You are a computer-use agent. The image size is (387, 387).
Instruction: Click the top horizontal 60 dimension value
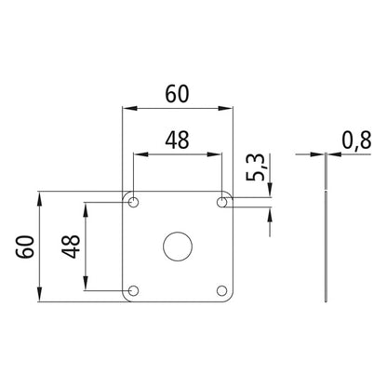178,93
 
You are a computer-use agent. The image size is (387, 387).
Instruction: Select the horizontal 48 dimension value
178,139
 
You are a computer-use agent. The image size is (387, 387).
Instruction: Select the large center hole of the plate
176,247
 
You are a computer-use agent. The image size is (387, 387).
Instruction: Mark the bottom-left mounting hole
133,291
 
